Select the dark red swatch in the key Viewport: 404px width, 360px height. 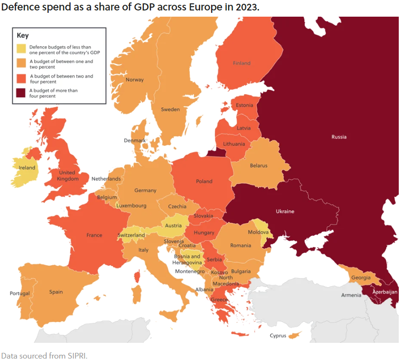click(x=22, y=93)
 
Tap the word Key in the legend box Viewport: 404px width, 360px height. click(x=23, y=35)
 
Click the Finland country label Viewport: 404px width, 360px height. click(x=242, y=63)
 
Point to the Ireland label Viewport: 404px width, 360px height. click(x=27, y=168)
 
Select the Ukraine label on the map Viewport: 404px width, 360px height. click(x=285, y=211)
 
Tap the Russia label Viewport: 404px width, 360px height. click(x=339, y=137)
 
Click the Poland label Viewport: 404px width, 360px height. click(x=204, y=181)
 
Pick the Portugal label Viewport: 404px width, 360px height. click(x=20, y=293)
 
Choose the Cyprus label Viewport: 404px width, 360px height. click(x=278, y=336)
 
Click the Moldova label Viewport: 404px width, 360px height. click(x=258, y=232)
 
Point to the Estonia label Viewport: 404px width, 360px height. click(x=244, y=105)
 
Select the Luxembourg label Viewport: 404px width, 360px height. click(x=131, y=206)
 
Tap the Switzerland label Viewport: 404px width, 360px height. click(x=131, y=235)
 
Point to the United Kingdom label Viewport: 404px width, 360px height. click(x=67, y=176)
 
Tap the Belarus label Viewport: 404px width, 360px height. click(x=259, y=166)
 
